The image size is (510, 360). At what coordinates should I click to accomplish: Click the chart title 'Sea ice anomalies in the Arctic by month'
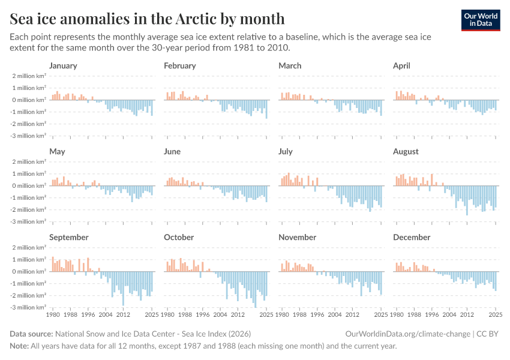pos(147,18)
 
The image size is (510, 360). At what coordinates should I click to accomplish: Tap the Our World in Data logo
pos(480,20)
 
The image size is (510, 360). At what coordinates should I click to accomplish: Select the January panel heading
pos(63,65)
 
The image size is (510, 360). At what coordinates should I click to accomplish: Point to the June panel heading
pos(172,152)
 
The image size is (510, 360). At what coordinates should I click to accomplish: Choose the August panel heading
pos(406,152)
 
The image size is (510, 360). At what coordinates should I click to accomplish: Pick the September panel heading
pos(69,237)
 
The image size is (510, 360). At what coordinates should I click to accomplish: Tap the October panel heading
pos(179,237)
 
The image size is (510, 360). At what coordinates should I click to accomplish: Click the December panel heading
pos(412,237)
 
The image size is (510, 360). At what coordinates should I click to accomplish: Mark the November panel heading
pos(298,237)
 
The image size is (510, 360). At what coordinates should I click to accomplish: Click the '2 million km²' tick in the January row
pos(28,76)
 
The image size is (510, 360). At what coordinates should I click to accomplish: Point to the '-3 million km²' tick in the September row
pos(28,308)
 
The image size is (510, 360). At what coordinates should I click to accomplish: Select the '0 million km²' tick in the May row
pos(28,186)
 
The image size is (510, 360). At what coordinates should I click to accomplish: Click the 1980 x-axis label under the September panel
pos(53,314)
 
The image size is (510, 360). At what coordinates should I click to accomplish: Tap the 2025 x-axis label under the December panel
pos(496,314)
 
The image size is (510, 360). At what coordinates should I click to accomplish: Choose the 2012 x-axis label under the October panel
pos(238,314)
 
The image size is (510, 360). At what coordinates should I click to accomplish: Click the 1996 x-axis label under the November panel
pos(317,314)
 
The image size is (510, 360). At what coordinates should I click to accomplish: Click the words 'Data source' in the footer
pos(31,334)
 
